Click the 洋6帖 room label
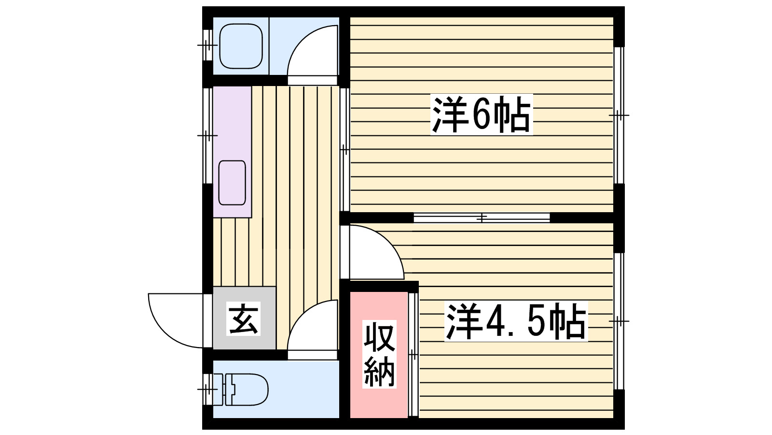click(x=481, y=115)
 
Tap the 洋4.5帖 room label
click(x=516, y=321)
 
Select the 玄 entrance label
click(x=244, y=319)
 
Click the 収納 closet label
click(x=379, y=355)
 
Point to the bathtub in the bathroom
click(x=241, y=46)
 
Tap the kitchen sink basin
click(x=232, y=183)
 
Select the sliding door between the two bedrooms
click(x=482, y=218)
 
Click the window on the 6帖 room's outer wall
click(x=619, y=115)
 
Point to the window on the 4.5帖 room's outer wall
click(x=619, y=321)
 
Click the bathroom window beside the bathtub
click(x=207, y=45)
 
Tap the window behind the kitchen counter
click(x=207, y=135)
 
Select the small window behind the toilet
click(x=207, y=389)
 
